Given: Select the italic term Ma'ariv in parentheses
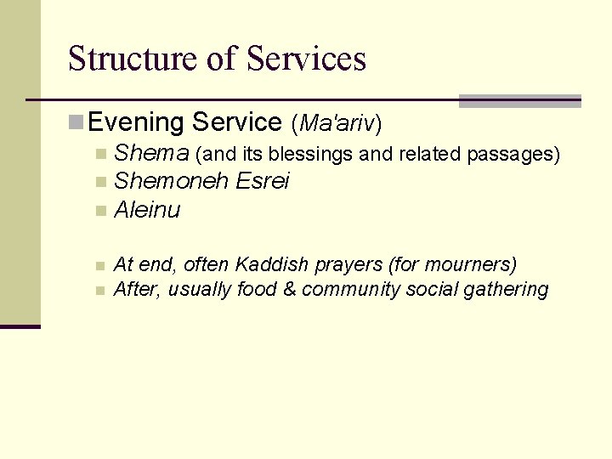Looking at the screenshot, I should point(337,123).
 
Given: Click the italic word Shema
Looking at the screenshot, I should point(151,154).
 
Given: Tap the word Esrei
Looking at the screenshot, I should point(263,181).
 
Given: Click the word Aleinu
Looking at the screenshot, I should point(147,210).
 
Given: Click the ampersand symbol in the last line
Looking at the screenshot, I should point(289,290).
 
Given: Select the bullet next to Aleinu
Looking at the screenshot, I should point(101,211).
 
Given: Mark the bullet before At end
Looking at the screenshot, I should point(100,266).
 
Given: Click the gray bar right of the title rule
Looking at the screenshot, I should point(519,101).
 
